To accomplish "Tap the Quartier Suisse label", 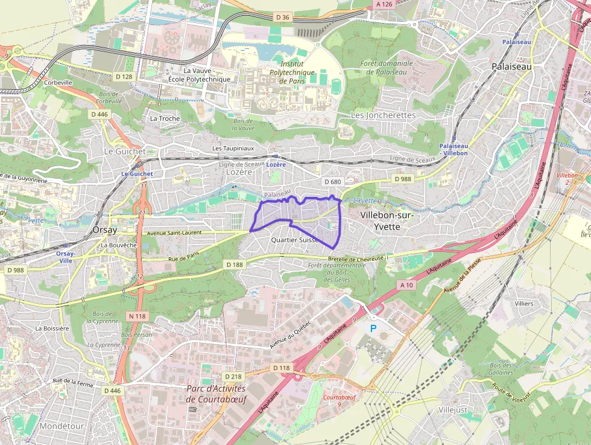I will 295,240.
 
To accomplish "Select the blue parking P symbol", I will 373,328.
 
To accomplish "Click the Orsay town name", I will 106,230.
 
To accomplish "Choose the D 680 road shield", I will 332,182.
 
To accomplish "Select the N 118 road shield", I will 137,316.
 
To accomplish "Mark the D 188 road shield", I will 234,264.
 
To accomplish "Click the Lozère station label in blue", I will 276,164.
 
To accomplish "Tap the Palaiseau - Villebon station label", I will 454,150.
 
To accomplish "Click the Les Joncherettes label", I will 383,115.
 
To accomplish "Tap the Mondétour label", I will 62,426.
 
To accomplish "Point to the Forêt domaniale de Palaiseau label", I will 387,67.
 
